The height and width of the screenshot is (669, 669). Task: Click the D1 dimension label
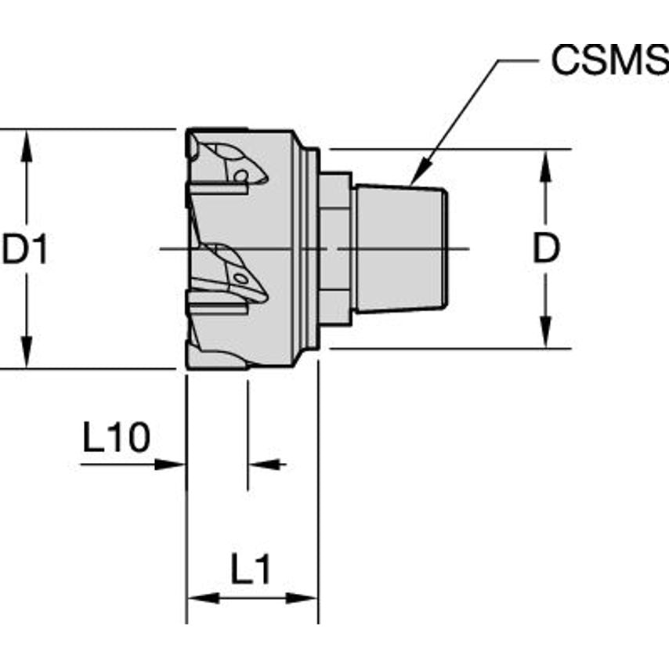tap(25, 250)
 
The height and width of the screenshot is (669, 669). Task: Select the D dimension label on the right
tap(546, 249)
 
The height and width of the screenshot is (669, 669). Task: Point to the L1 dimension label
tap(251, 570)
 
